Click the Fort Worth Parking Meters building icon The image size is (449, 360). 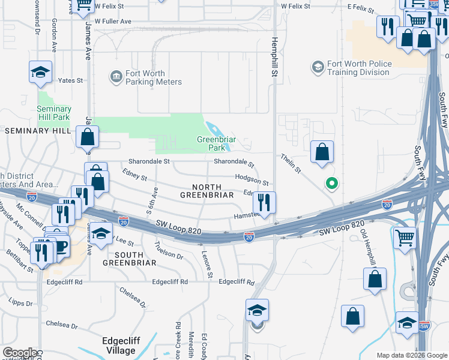[115, 77]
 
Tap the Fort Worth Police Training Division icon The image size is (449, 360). [316, 65]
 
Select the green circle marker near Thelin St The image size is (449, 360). [330, 184]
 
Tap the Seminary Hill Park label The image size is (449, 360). [54, 113]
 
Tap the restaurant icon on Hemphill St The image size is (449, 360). [264, 202]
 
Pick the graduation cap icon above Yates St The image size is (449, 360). [41, 72]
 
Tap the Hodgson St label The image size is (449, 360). [251, 179]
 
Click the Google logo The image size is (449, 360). [20, 353]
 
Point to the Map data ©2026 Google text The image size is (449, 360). [412, 355]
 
